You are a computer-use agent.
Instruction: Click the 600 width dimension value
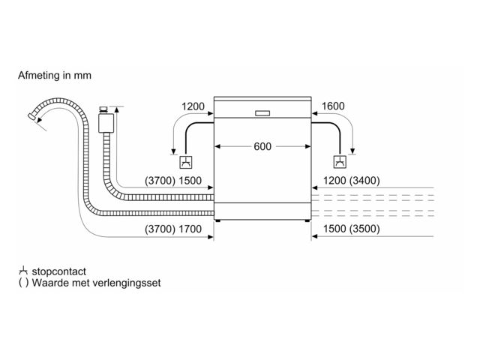tap(262, 147)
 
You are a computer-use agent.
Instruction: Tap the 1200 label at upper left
tap(193, 106)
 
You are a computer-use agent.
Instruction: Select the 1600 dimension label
tap(333, 106)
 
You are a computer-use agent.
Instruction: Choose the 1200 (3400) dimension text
tap(352, 181)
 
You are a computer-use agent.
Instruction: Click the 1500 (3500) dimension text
tap(352, 229)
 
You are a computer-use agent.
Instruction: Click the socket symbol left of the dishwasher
tap(184, 163)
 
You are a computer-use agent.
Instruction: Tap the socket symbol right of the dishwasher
tap(340, 163)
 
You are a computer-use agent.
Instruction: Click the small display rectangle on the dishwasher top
tap(262, 113)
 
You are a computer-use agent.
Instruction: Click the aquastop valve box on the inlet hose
tap(106, 121)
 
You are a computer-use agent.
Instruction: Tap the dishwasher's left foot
tap(218, 221)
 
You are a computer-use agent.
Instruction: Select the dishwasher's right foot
tap(306, 221)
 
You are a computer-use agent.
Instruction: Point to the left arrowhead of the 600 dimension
tap(218, 147)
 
